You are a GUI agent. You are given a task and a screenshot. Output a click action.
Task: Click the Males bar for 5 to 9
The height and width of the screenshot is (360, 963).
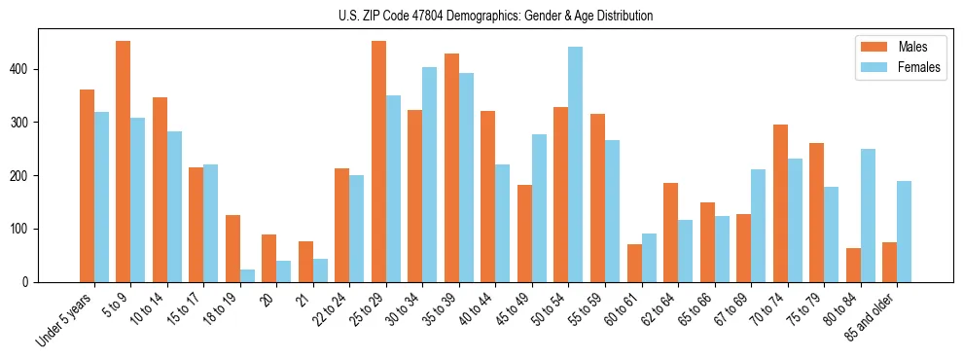(x=124, y=162)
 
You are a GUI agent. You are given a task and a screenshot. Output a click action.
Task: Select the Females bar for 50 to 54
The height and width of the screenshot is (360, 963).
(x=576, y=164)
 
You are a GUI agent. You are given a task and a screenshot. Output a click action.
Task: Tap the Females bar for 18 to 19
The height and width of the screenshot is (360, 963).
(x=247, y=275)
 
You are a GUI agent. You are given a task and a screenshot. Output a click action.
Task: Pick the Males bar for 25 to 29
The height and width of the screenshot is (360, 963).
(x=378, y=162)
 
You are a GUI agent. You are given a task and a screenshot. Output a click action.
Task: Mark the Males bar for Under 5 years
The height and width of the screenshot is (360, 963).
(x=87, y=186)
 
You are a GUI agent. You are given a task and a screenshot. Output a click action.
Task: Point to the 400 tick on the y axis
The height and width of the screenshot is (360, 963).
(x=39, y=69)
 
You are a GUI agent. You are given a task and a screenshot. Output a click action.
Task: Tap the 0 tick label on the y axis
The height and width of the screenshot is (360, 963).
(x=30, y=282)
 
